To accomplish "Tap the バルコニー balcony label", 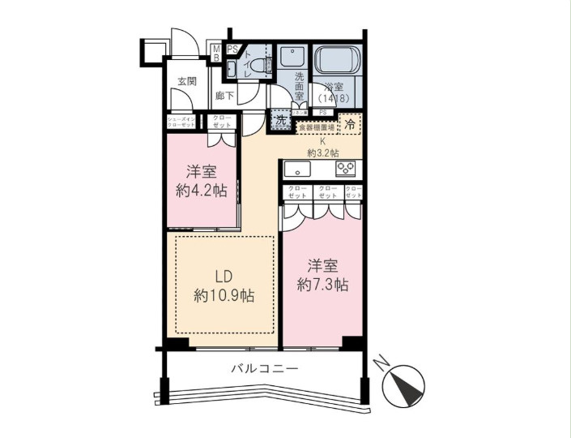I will (x=265, y=368).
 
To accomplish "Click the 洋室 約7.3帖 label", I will (x=322, y=275).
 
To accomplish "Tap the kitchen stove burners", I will (x=347, y=170).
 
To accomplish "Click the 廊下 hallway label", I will (x=225, y=96).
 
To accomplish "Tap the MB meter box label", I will (x=216, y=54).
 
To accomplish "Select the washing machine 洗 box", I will (x=280, y=120).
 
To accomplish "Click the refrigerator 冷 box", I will (x=349, y=124).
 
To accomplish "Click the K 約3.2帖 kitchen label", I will (x=322, y=147).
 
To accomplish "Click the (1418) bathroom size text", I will (x=335, y=97).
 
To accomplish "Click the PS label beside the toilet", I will (x=232, y=50).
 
